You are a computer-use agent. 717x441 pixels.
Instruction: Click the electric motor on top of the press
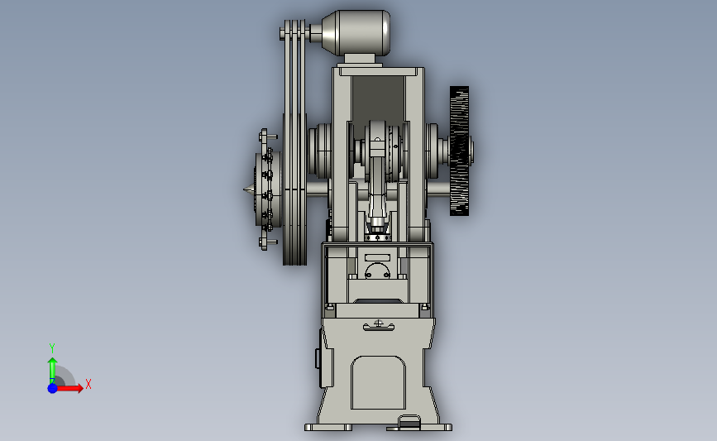pos(356,33)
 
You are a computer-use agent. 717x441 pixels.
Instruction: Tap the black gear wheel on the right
pos(459,151)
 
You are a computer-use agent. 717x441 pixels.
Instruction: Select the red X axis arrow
pos(69,388)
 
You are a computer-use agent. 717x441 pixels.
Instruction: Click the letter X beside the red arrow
pos(88,384)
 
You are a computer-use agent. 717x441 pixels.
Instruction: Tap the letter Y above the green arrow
pos(52,348)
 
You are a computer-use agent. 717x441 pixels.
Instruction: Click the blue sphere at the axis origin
pos(53,388)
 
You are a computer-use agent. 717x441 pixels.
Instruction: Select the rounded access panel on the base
pos(378,382)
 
